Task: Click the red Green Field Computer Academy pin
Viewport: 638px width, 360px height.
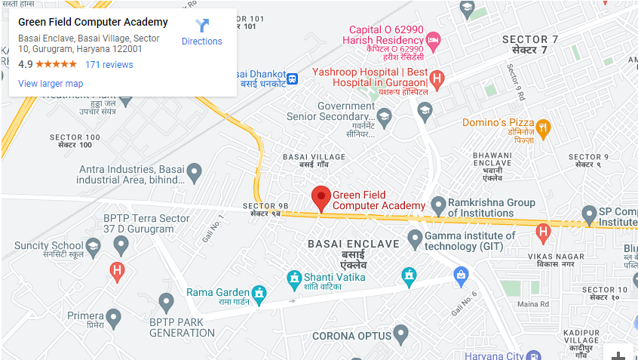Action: coord(321,198)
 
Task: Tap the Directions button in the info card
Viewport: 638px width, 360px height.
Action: coord(202,32)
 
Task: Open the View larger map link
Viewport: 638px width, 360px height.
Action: coord(51,84)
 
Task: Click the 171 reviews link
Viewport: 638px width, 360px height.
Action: coord(109,65)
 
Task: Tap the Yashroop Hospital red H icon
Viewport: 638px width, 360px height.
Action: coord(437,77)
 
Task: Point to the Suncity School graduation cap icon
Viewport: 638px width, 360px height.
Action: coord(93,246)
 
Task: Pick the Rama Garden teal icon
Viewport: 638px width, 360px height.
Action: coord(259,292)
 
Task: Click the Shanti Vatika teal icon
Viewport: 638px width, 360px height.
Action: coord(294,278)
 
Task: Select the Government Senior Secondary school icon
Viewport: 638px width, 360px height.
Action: coord(385,115)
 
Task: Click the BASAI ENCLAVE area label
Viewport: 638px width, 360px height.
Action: coord(353,244)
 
